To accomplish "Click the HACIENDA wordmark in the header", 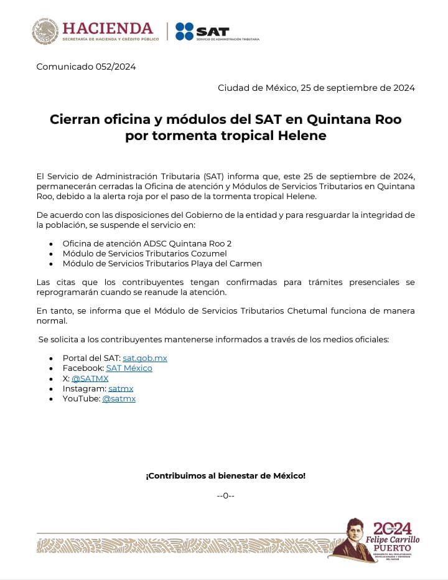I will tap(108, 29).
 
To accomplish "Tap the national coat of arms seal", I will tap(45, 31).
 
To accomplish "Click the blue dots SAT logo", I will tap(184, 31).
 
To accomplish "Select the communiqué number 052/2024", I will tap(86, 67).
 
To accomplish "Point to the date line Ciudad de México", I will tap(316, 88).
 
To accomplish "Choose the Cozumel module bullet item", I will tap(144, 253).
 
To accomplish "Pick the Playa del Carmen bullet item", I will tap(162, 263).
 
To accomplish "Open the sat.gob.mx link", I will tap(144, 358).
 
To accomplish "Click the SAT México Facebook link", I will tap(129, 368).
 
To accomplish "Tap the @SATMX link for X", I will tap(90, 378).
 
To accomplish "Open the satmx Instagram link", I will tap(121, 388).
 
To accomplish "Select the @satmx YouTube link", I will tap(118, 398).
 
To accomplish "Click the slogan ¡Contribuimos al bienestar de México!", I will tap(225, 476).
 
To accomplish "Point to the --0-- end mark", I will tap(225, 495).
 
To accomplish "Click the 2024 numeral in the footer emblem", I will tap(393, 528).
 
